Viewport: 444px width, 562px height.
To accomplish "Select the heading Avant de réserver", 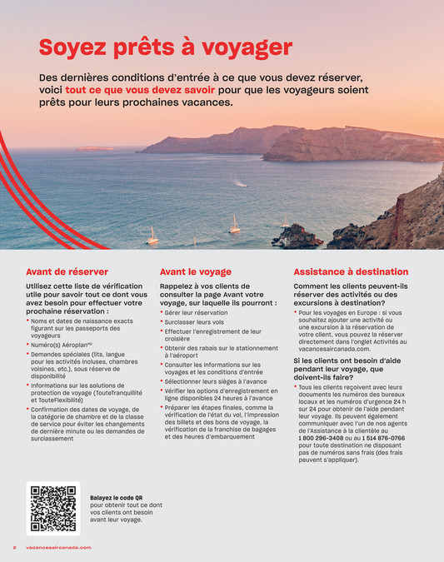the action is tap(67, 271).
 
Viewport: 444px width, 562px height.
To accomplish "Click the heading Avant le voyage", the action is tap(195, 271).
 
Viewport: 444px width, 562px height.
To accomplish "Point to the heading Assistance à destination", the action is tap(351, 271).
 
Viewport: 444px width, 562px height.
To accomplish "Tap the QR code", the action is tap(53, 508).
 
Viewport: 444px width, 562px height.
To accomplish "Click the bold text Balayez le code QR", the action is tap(122, 497).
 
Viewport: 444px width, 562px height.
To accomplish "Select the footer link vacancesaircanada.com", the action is tap(58, 547).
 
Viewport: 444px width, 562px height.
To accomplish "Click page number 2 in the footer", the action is tap(14, 547).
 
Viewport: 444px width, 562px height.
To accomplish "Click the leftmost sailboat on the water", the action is tap(152, 237).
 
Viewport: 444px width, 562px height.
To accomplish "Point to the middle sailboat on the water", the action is tap(234, 225).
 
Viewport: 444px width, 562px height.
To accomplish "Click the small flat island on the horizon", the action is tap(94, 149).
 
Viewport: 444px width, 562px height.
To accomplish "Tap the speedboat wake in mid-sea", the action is tap(239, 183).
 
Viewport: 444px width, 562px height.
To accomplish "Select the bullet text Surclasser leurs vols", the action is tap(195, 321).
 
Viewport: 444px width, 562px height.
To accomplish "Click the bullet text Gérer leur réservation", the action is tap(197, 312).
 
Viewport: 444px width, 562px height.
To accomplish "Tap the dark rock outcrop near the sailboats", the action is tap(296, 236).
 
